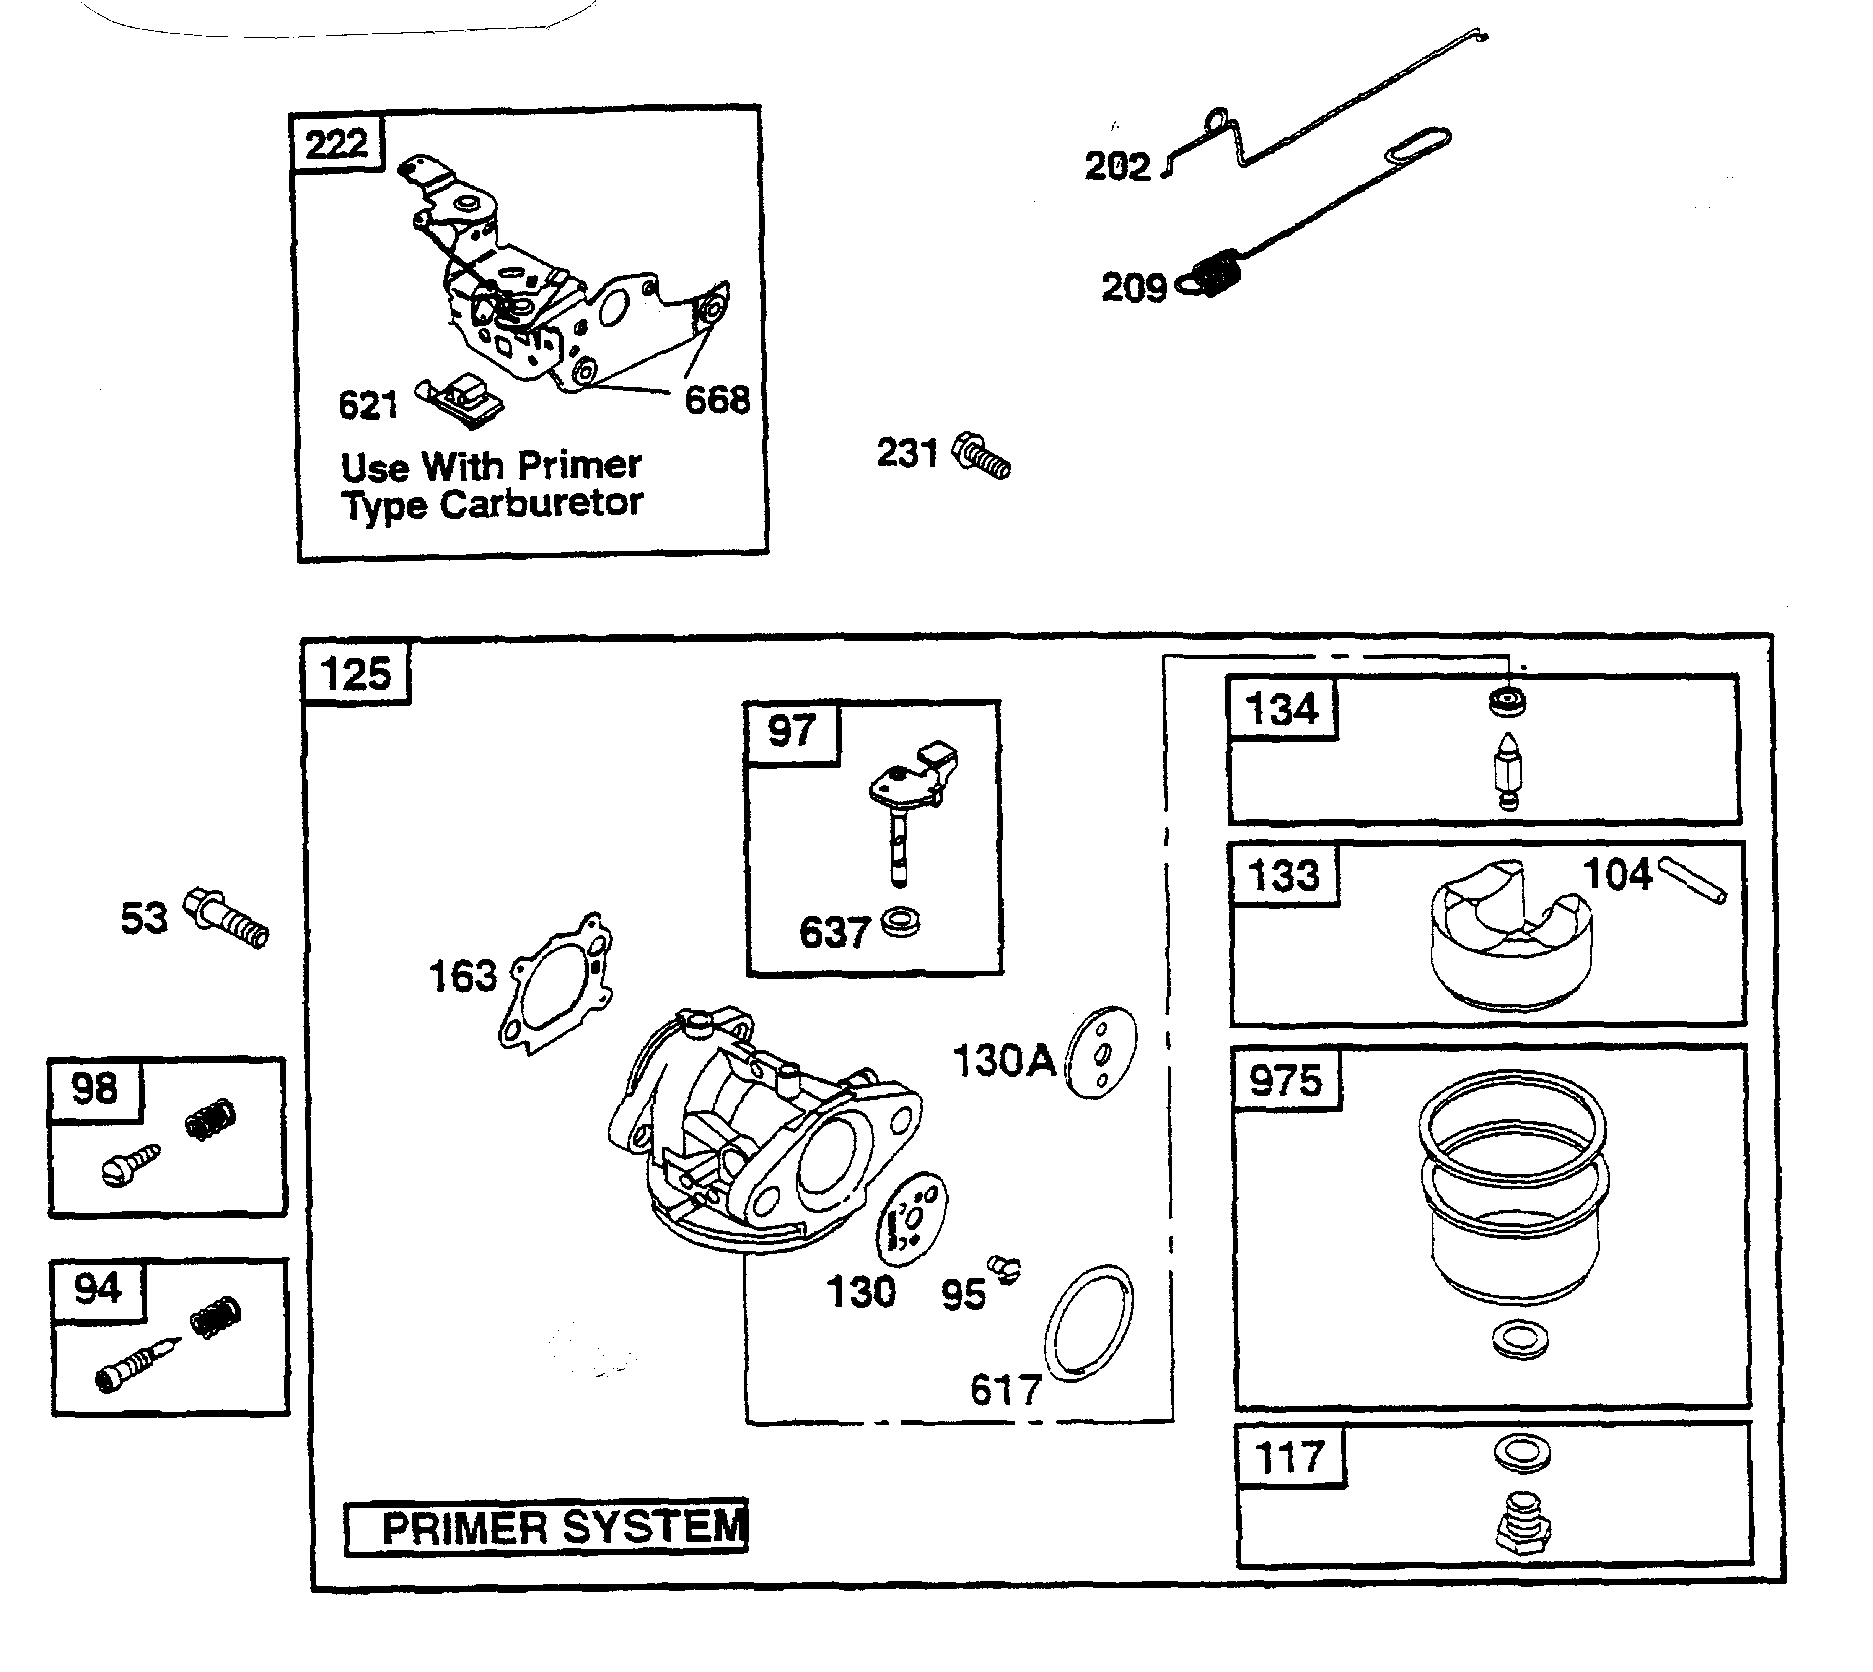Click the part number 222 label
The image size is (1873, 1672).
click(336, 143)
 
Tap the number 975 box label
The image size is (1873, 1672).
click(1285, 1080)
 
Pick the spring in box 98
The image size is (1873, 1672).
click(210, 1119)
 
